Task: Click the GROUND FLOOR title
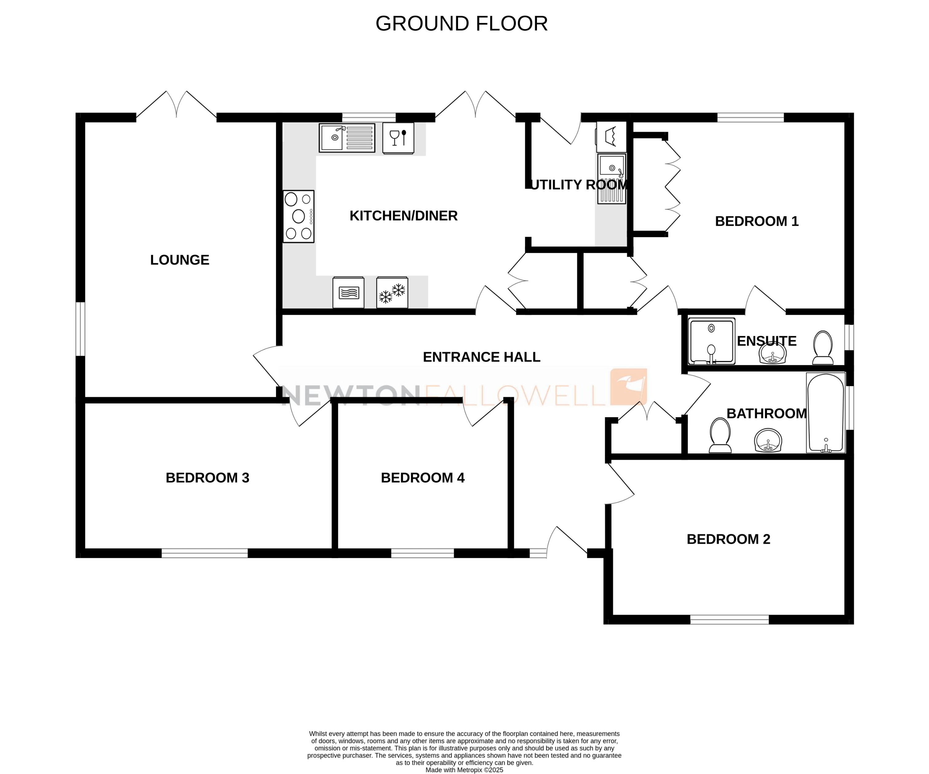click(x=461, y=23)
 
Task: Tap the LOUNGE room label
click(x=180, y=260)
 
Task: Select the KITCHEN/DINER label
click(x=403, y=216)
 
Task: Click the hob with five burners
click(x=299, y=217)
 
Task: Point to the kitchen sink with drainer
click(x=347, y=138)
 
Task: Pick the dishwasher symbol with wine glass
click(x=398, y=138)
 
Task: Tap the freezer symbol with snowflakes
click(x=392, y=292)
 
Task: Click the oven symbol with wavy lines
click(x=348, y=292)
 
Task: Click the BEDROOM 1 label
click(x=757, y=221)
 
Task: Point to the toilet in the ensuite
click(x=823, y=347)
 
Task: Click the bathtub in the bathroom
click(x=826, y=412)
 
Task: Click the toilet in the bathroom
click(x=720, y=436)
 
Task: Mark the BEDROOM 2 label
click(x=729, y=539)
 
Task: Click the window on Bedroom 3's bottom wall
click(x=204, y=553)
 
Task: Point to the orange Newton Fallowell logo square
click(x=629, y=386)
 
